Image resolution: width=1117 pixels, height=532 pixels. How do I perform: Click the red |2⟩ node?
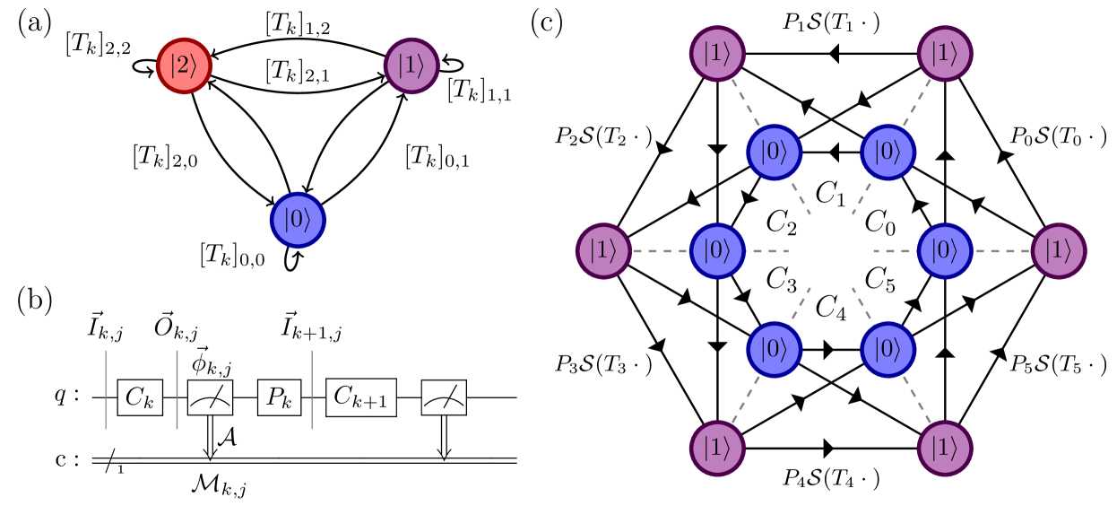coord(184,65)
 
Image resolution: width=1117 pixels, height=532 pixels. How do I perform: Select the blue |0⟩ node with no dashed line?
coord(298,220)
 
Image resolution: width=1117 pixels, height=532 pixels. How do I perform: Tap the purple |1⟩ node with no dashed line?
coord(411,65)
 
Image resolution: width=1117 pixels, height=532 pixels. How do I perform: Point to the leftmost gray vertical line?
coord(106,389)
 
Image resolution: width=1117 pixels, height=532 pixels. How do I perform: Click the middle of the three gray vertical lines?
coord(177,389)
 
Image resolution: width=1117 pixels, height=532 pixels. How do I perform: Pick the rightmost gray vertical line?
coord(312,389)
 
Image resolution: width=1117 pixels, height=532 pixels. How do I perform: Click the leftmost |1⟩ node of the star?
coord(603,251)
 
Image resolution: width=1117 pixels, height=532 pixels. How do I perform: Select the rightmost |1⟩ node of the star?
coord(1059,251)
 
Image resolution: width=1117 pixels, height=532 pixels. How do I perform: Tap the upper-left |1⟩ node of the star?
coord(717,54)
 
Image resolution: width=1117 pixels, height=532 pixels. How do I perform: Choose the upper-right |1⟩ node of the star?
coord(945,54)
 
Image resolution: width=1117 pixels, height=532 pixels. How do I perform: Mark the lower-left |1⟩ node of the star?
coord(717,448)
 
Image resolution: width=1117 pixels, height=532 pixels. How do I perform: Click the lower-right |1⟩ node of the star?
coord(945,448)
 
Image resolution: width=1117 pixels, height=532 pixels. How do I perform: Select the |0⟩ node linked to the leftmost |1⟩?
coord(717,251)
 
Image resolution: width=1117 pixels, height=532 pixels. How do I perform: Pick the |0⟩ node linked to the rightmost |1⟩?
coord(945,251)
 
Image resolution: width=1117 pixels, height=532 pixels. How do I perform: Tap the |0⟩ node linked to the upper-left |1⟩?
coord(774,153)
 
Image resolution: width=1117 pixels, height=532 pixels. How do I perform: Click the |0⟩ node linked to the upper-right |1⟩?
coord(888,153)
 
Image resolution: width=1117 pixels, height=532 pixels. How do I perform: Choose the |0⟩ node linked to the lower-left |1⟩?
coord(774,349)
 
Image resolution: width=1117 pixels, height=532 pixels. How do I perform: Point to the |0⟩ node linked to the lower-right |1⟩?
coord(888,349)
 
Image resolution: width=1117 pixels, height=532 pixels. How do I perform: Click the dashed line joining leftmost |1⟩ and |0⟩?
coord(661,251)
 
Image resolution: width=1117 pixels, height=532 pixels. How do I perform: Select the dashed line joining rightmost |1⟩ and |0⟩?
coord(1002,251)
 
